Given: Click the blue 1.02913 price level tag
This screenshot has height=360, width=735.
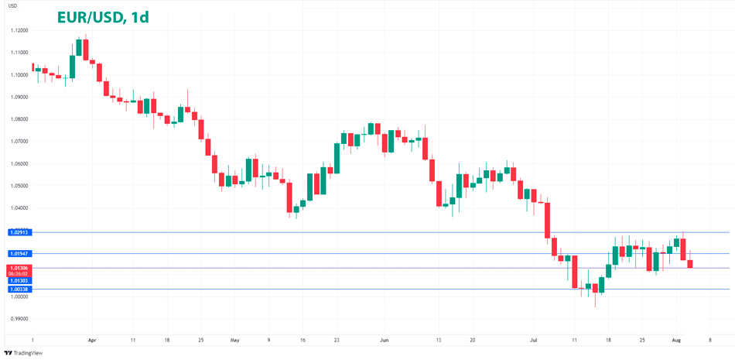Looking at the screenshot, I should pyautogui.click(x=19, y=232).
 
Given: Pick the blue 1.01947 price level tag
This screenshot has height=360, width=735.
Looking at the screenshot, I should pyautogui.click(x=19, y=254).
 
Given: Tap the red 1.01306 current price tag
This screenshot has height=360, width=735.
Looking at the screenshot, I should pyautogui.click(x=19, y=266).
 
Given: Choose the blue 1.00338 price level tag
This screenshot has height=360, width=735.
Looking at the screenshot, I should pyautogui.click(x=19, y=289).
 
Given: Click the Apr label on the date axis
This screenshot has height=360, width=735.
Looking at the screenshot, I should pyautogui.click(x=92, y=340).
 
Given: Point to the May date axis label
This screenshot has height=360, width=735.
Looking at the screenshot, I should pyautogui.click(x=235, y=340).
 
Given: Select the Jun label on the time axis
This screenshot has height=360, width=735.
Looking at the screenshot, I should pyautogui.click(x=385, y=340).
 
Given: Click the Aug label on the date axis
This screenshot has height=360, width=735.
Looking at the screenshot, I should pyautogui.click(x=675, y=340).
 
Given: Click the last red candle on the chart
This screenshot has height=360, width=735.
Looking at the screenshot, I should pyautogui.click(x=690, y=264).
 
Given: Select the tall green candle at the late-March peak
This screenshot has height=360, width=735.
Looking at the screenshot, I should pyautogui.click(x=79, y=47).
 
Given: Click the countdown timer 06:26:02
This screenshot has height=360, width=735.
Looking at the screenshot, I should pyautogui.click(x=19, y=273).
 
